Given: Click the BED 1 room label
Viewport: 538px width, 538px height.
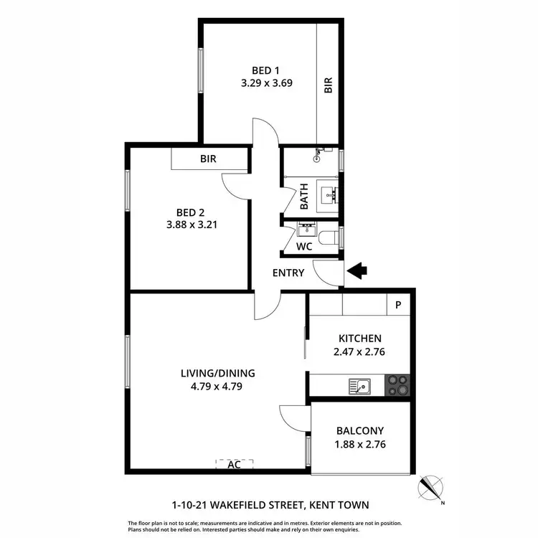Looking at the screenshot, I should pyautogui.click(x=265, y=70).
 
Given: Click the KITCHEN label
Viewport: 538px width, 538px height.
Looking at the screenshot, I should pyautogui.click(x=359, y=339).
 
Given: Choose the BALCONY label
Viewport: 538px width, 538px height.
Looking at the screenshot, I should pyautogui.click(x=360, y=431).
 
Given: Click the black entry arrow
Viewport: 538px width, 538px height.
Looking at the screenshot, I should pyautogui.click(x=357, y=271).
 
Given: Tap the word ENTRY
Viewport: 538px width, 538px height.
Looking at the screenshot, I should pyautogui.click(x=288, y=273).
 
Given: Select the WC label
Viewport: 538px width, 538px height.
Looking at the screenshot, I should pyautogui.click(x=304, y=246).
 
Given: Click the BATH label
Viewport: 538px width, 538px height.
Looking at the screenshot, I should pyautogui.click(x=304, y=195).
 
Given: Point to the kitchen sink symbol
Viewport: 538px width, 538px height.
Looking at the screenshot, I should pyautogui.click(x=359, y=386).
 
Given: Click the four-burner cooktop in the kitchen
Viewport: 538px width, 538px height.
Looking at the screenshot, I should pyautogui.click(x=399, y=386).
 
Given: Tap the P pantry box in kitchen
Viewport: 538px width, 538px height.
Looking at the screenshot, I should pyautogui.click(x=398, y=304).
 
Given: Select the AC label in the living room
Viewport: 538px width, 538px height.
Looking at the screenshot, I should pyautogui.click(x=234, y=464).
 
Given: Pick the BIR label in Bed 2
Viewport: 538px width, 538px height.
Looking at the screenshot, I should pyautogui.click(x=208, y=159).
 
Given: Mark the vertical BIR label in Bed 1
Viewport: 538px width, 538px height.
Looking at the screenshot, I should pyautogui.click(x=329, y=86).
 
